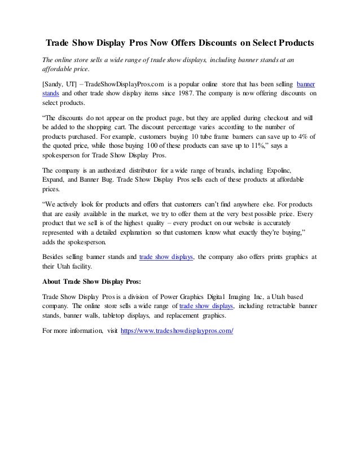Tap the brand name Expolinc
pos(286,169)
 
